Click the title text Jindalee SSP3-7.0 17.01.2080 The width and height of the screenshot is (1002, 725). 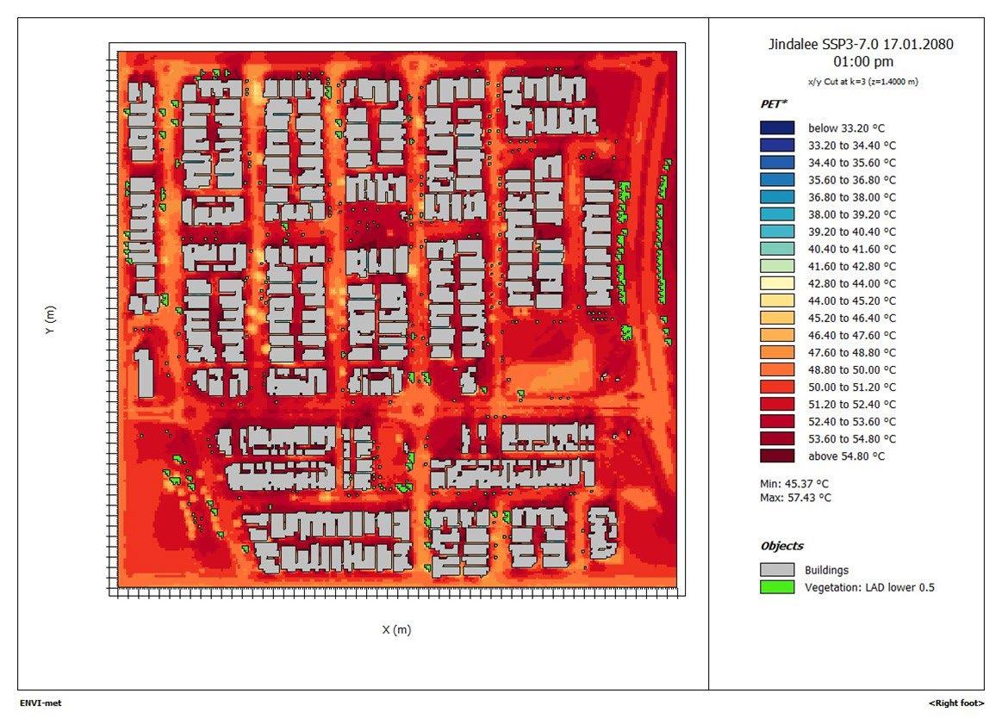click(862, 45)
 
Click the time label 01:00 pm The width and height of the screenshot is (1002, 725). click(863, 62)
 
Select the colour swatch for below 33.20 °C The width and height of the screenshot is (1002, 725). click(776, 128)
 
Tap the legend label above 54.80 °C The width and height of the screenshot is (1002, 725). click(845, 456)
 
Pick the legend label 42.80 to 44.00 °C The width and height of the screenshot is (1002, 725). click(851, 283)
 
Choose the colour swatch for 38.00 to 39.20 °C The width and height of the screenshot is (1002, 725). click(776, 214)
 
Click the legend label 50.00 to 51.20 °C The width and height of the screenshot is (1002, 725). click(851, 387)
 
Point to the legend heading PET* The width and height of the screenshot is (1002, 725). click(773, 104)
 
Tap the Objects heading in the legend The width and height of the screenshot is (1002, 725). click(781, 546)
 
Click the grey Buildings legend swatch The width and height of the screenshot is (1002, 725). click(776, 570)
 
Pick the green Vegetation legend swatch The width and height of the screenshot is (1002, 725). click(776, 587)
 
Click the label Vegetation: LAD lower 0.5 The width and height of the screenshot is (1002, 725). click(869, 588)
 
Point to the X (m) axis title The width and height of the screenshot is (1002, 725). click(396, 629)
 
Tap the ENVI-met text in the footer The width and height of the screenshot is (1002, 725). click(40, 703)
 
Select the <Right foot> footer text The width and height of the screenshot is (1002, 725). click(956, 703)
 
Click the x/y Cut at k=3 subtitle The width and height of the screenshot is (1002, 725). click(863, 81)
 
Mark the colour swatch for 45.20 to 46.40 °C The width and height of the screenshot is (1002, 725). click(776, 318)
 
